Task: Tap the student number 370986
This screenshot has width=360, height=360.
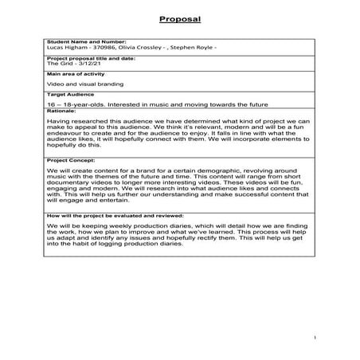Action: tap(100, 47)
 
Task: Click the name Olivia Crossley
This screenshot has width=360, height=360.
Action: tap(142, 47)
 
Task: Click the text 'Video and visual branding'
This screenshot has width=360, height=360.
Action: tap(77, 82)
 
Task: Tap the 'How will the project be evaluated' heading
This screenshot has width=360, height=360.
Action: tap(115, 215)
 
